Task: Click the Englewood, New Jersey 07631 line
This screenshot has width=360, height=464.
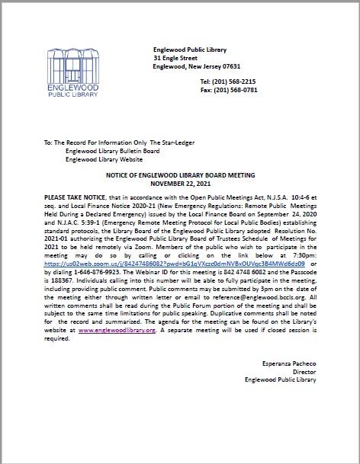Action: click(x=197, y=66)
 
